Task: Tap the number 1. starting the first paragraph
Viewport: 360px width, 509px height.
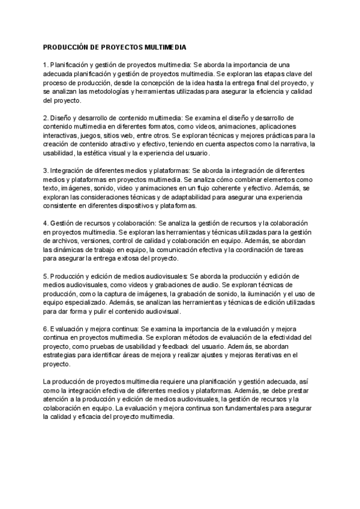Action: [46, 65]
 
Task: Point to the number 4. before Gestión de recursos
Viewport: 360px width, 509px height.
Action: [46, 223]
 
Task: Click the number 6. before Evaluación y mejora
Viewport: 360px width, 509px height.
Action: [46, 329]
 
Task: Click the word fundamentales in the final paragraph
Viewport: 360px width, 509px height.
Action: [232, 408]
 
